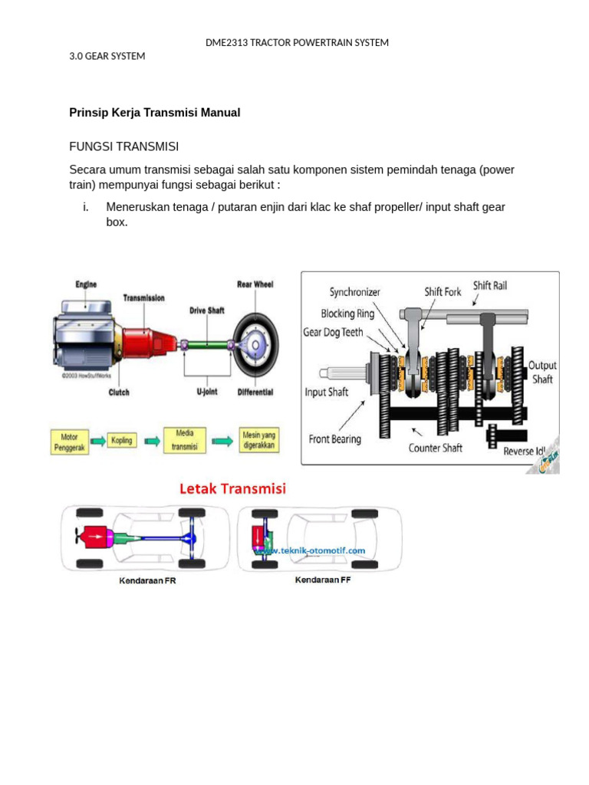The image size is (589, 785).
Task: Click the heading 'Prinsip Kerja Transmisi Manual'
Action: (155, 113)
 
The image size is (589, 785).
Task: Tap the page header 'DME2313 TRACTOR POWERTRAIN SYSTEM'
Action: (297, 42)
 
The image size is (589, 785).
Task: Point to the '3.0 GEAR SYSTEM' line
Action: (107, 56)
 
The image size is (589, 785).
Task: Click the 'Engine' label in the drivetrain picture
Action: (86, 284)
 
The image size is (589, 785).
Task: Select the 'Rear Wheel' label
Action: (255, 284)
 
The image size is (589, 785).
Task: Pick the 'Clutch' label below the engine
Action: (119, 392)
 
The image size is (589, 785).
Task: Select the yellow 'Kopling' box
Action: (121, 441)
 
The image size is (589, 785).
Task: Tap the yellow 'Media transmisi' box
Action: (185, 441)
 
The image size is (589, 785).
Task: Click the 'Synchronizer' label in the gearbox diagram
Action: (354, 292)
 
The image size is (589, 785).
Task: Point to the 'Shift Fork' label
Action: (443, 292)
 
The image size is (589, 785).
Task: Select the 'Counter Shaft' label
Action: (435, 448)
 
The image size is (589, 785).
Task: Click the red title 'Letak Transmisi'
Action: (232, 488)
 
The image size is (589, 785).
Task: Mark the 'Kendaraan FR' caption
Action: (147, 581)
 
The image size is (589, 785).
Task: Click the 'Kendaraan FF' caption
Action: (323, 580)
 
